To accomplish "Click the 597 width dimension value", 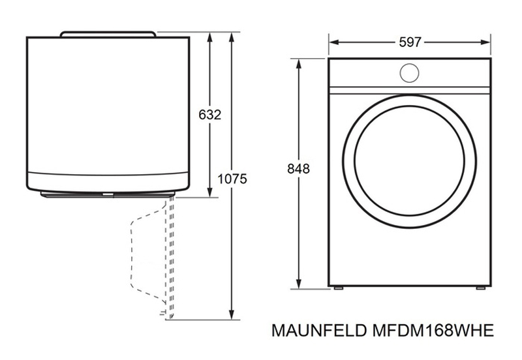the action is (410, 42).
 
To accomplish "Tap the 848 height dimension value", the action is (298, 169).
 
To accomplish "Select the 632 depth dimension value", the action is (209, 115).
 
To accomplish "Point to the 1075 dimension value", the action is (232, 179).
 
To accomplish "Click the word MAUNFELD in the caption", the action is (320, 331).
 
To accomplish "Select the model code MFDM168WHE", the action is (433, 331).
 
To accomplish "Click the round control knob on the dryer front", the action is (409, 73).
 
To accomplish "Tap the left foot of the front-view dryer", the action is (338, 288).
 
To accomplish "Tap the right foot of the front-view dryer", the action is (480, 288).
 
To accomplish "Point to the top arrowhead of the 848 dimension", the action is (299, 63).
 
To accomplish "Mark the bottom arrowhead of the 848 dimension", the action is (299, 284).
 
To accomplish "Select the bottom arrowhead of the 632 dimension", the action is (209, 192).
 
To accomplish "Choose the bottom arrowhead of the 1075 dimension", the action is (232, 315).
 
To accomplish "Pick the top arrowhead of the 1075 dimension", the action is (232, 37).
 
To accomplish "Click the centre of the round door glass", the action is (410, 160).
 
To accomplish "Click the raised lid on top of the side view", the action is (108, 34).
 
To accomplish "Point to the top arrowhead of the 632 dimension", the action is (209, 37).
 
